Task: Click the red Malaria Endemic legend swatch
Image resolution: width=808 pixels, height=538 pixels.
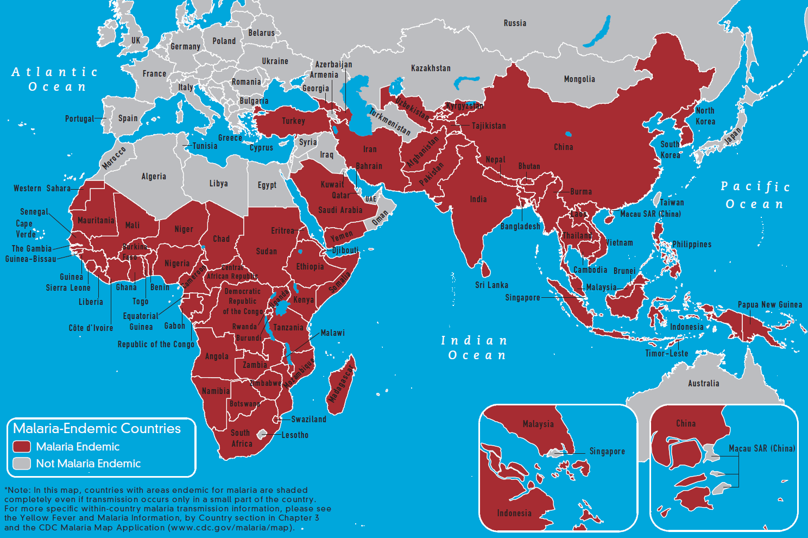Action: (22, 447)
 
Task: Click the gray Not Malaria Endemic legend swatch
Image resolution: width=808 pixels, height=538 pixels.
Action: (22, 464)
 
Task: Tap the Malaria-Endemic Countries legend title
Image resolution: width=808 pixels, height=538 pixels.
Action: (97, 429)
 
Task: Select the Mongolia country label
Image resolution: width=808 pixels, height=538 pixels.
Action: (579, 79)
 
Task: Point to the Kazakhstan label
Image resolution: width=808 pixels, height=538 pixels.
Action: (431, 68)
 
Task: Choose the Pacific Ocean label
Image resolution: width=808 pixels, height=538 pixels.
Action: (755, 195)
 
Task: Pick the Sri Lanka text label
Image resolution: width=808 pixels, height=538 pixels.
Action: (491, 285)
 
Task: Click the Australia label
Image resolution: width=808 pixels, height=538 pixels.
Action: (703, 384)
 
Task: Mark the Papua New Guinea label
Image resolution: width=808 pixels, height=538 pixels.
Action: (769, 305)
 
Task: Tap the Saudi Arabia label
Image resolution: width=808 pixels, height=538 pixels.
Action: (340, 210)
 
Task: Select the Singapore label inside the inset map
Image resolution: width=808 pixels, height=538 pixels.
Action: (607, 452)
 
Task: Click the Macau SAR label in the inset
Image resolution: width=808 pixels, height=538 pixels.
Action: (761, 449)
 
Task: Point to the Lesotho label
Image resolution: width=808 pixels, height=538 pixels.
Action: (295, 435)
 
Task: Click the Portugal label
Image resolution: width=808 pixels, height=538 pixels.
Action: (79, 119)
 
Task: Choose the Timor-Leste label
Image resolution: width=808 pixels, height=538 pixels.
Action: (666, 354)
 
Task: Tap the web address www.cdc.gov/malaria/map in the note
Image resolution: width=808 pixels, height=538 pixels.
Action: (230, 528)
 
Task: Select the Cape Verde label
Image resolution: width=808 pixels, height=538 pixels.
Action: (26, 229)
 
